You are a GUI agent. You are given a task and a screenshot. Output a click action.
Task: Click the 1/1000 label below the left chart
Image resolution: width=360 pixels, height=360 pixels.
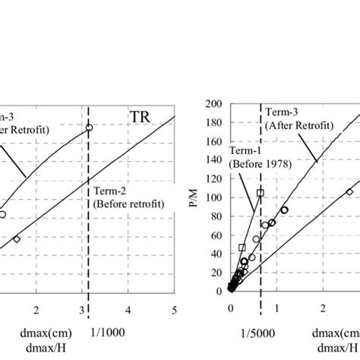[x=104, y=332]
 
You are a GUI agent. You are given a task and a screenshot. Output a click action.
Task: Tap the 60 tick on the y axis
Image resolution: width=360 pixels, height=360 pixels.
[x=219, y=234]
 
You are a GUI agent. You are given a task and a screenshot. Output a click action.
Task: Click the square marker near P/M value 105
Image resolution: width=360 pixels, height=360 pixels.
[x=261, y=193]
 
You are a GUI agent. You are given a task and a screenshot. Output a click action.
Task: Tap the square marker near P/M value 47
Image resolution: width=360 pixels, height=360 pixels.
[x=242, y=248]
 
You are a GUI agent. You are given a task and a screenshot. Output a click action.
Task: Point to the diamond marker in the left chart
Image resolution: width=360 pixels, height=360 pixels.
[x=17, y=239]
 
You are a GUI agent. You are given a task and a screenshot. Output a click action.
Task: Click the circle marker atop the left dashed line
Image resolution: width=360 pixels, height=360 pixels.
[x=89, y=128]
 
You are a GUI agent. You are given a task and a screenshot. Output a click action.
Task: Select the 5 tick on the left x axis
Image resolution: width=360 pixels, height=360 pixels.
[x=175, y=309]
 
